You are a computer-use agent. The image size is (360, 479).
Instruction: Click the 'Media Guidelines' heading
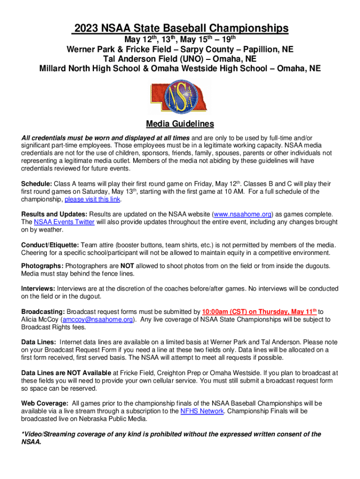(180, 124)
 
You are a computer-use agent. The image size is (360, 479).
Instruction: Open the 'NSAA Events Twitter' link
(64, 222)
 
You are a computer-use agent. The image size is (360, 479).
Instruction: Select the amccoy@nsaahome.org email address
(98, 319)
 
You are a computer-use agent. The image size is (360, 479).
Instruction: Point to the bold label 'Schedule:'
(37, 183)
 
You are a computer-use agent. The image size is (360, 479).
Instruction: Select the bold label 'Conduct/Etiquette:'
(50, 245)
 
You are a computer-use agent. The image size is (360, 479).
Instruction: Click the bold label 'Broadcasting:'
(43, 312)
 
